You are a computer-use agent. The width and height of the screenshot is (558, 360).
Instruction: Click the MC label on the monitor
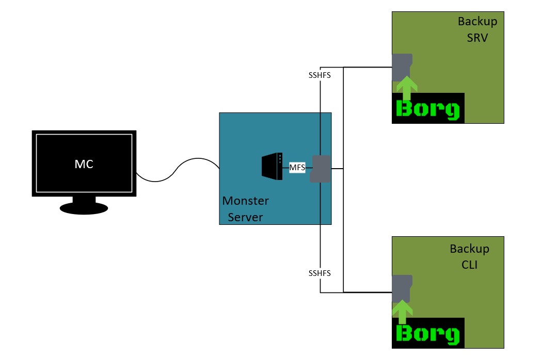pyautogui.click(x=84, y=164)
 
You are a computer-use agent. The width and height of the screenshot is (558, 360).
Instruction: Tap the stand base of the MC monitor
pyautogui.click(x=84, y=208)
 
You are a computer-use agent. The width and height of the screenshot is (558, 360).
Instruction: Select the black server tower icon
pyautogui.click(x=272, y=167)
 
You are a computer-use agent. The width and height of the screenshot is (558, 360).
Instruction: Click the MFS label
pyautogui.click(x=297, y=167)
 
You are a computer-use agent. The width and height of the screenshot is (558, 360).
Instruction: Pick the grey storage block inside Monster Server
pyautogui.click(x=320, y=169)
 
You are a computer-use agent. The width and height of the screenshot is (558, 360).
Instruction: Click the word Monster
pyautogui.click(x=246, y=201)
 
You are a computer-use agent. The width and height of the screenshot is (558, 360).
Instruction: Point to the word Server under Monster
pyautogui.click(x=246, y=217)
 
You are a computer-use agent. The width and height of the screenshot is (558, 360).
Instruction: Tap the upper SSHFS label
pyautogui.click(x=320, y=75)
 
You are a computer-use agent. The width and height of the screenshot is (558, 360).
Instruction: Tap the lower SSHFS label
pyautogui.click(x=320, y=273)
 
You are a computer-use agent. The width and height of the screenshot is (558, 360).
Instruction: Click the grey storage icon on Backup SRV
pyautogui.click(x=402, y=67)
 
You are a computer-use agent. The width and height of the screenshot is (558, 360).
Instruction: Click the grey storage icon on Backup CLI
pyautogui.click(x=402, y=288)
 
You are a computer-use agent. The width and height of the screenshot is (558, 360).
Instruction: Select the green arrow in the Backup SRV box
pyautogui.click(x=407, y=88)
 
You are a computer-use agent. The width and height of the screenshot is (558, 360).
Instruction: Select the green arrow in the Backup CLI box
pyautogui.click(x=402, y=313)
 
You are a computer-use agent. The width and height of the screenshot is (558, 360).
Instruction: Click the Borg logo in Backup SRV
pyautogui.click(x=428, y=109)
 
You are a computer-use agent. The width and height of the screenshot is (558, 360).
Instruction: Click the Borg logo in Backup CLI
pyautogui.click(x=428, y=334)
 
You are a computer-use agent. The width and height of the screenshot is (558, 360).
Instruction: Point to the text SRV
pyautogui.click(x=477, y=38)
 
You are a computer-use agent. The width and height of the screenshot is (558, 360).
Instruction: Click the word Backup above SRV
pyautogui.click(x=477, y=22)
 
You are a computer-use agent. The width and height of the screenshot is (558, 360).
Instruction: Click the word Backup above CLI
pyautogui.click(x=469, y=249)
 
